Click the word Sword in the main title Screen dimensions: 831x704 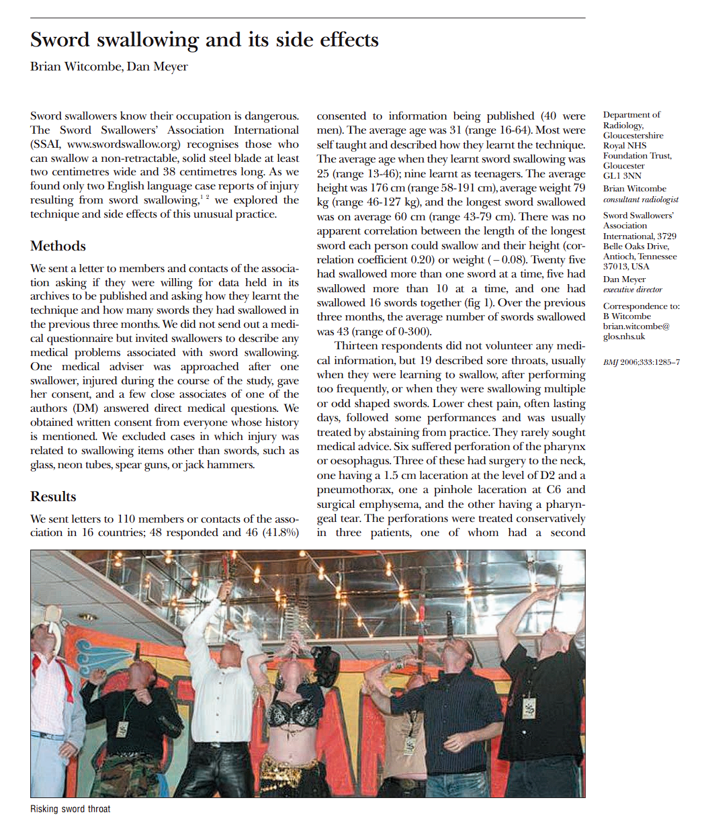click(60, 40)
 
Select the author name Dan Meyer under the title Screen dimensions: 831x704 click(161, 67)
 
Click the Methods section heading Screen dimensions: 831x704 click(58, 246)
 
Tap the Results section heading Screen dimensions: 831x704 click(53, 496)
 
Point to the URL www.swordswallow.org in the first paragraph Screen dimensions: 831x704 click(124, 144)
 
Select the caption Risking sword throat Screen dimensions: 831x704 click(70, 809)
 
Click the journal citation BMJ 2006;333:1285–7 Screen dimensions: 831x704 click(641, 362)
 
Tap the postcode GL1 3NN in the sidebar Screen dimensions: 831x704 click(622, 175)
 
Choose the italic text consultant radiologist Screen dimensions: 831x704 click(640, 200)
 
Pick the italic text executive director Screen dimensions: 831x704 click(632, 290)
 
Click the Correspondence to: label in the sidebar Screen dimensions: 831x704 click(641, 306)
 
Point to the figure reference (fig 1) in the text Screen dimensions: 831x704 click(475, 303)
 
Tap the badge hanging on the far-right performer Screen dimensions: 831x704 click(530, 707)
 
